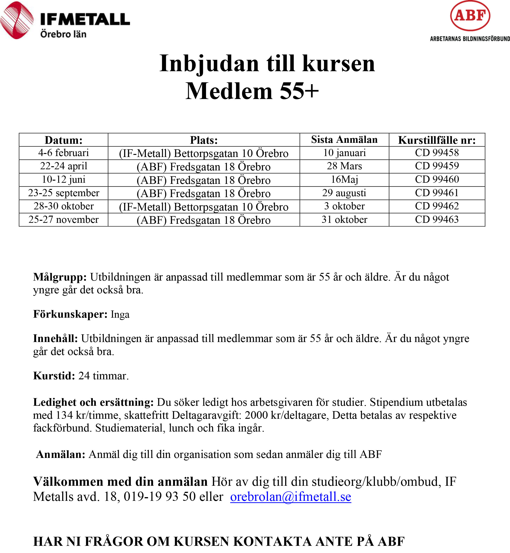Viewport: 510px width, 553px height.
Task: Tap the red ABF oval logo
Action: (470, 16)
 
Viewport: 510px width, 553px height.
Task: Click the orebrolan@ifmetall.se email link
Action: (290, 497)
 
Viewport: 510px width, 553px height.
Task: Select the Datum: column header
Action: (64, 140)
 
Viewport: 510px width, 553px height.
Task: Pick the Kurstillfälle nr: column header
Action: (437, 140)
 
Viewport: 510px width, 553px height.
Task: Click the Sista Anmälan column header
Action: (344, 140)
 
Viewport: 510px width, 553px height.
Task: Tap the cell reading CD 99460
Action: (437, 179)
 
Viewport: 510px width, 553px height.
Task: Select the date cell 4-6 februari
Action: (64, 153)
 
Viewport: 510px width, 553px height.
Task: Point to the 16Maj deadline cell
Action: (344, 179)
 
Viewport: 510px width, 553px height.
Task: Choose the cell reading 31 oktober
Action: (344, 220)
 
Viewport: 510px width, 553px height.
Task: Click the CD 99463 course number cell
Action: (437, 220)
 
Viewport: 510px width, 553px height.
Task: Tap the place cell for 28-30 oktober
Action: (204, 207)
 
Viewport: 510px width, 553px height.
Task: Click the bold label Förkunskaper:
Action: (70, 314)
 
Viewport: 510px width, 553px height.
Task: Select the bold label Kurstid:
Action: (54, 376)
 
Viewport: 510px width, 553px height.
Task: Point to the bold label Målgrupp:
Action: (60, 277)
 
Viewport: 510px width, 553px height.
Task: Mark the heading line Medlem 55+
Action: (252, 91)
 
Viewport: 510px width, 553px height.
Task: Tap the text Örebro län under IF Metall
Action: (63, 34)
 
